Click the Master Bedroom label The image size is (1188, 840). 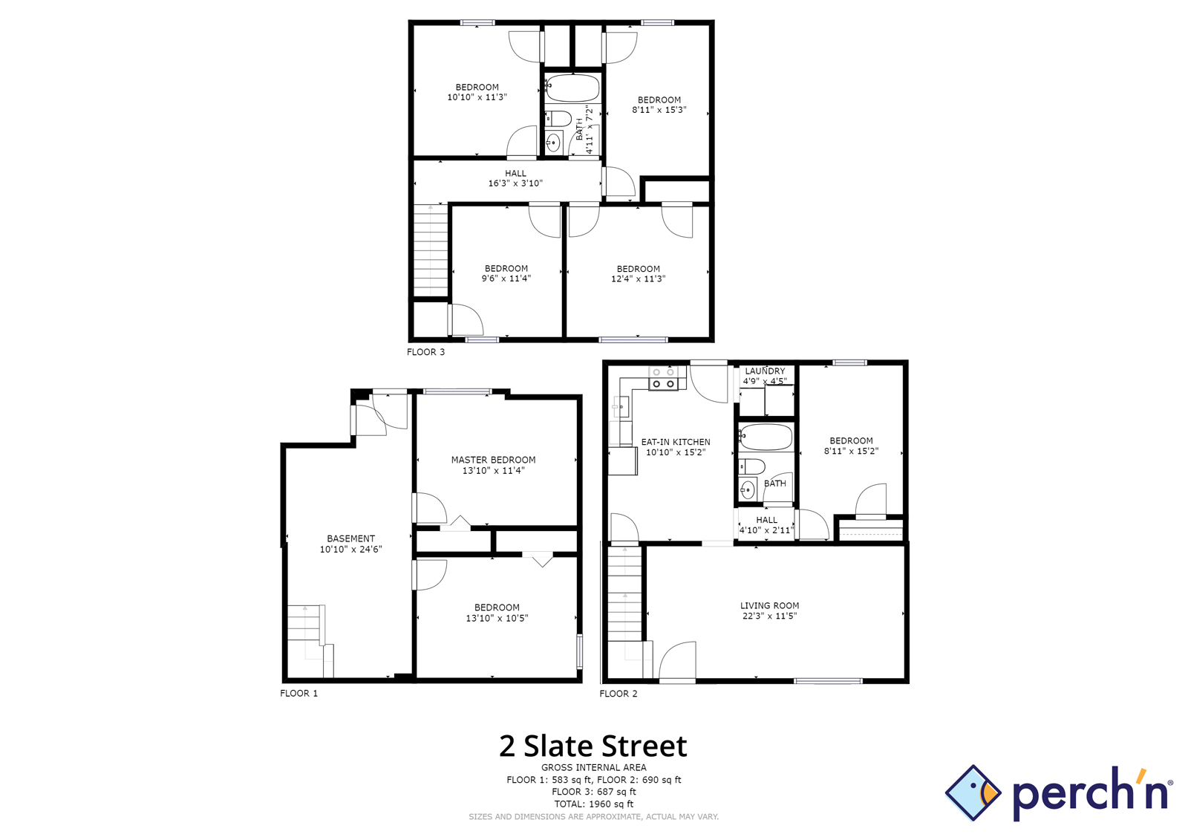point(493,460)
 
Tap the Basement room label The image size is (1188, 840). point(350,538)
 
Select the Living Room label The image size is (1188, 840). point(769,606)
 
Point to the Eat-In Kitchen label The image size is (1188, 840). point(676,442)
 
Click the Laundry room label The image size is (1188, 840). point(765,371)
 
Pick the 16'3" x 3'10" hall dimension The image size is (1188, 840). point(515,183)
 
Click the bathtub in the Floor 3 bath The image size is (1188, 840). point(572,88)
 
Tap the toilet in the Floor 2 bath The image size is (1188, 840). point(752,467)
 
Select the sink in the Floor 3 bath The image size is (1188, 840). point(553,142)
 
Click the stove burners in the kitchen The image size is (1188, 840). point(664,378)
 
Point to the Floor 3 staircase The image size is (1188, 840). point(431,250)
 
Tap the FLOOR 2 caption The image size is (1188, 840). point(619,694)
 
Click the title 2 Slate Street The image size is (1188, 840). point(593,746)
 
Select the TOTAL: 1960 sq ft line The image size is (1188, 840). point(593,804)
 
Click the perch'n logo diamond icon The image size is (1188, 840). point(973,792)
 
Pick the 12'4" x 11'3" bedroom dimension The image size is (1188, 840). point(638,279)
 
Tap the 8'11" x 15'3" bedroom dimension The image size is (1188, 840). point(659,110)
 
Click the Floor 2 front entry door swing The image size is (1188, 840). point(678,661)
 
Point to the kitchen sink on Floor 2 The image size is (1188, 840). point(620,407)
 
